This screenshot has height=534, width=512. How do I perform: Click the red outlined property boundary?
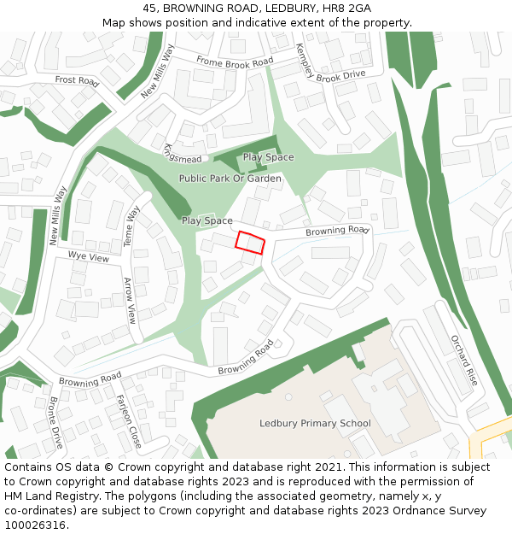(250, 243)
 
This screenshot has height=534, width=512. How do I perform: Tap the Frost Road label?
(77, 80)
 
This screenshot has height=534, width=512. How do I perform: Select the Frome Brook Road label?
(234, 62)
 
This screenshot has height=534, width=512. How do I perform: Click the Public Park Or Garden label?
(230, 179)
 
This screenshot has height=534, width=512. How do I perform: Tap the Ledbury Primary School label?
(315, 423)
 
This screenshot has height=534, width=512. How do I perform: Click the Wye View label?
(89, 256)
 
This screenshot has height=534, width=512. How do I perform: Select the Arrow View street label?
(130, 300)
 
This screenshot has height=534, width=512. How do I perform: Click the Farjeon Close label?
(129, 421)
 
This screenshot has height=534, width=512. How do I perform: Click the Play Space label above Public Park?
(268, 157)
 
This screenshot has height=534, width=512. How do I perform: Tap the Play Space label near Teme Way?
(207, 220)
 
